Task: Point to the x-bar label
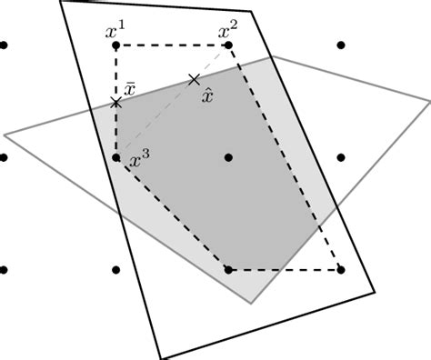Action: click(x=131, y=87)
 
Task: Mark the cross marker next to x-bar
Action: click(x=116, y=103)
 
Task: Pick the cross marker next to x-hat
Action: click(x=194, y=80)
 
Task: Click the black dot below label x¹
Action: click(x=116, y=45)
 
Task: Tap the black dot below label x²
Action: click(x=228, y=45)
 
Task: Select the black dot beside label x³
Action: click(x=116, y=157)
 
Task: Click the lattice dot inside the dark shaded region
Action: click(x=228, y=157)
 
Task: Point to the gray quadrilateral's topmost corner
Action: click(x=272, y=57)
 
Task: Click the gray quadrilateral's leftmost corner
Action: click(x=5, y=135)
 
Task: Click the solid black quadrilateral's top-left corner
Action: click(x=60, y=2)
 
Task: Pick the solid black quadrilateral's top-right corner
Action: click(x=252, y=12)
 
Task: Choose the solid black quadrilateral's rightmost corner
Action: click(x=374, y=291)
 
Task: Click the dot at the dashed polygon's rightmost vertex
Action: click(x=340, y=270)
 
